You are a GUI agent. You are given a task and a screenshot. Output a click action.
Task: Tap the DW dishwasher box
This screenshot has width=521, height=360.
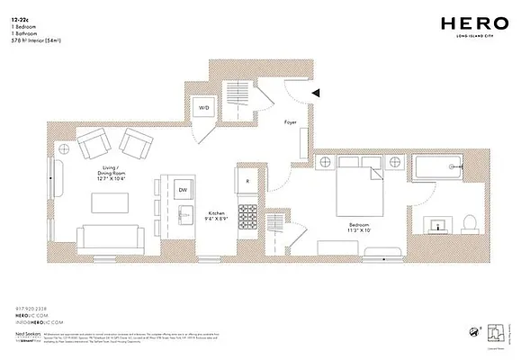pos(183,190)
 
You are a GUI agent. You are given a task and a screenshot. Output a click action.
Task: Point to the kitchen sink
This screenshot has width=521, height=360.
pos(184,214)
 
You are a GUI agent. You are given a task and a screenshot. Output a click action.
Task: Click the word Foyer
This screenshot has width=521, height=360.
pos(291,121)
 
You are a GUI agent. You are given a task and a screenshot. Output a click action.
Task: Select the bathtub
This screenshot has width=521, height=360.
pos(438,166)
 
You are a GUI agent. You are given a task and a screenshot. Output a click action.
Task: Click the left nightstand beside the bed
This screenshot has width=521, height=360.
pos(325,162)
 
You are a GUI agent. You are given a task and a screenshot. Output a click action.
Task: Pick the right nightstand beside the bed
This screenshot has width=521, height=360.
pos(396,162)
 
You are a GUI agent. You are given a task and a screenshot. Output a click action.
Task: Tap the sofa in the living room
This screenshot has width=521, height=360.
pos(110,238)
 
